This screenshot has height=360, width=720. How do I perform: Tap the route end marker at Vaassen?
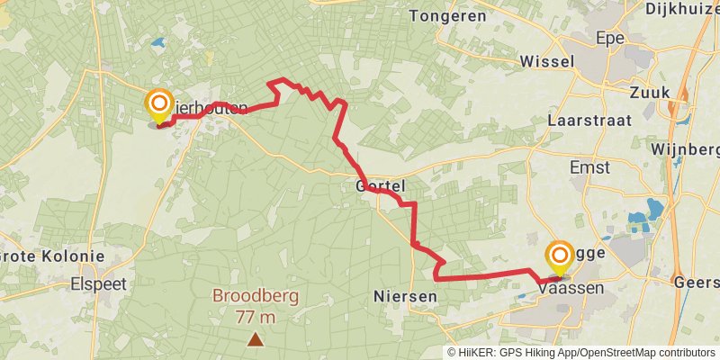point(559,256)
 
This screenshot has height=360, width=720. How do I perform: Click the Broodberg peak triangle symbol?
point(256,339)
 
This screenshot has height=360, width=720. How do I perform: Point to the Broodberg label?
point(256,296)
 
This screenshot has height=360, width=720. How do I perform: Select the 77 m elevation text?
point(256,316)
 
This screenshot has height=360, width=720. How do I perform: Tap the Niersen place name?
point(404,295)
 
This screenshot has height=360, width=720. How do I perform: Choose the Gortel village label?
point(382,186)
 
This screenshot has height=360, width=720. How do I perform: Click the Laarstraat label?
point(589,120)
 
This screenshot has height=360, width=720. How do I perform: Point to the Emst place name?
point(589,167)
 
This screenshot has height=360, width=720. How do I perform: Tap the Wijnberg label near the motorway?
point(685,148)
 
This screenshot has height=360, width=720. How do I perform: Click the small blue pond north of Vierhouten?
point(158,42)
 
